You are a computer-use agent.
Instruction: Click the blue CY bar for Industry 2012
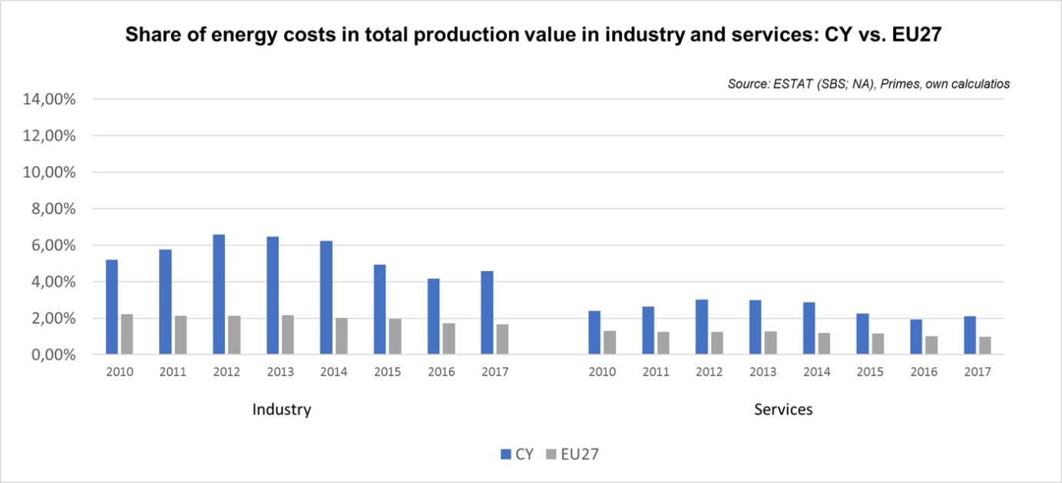(x=219, y=295)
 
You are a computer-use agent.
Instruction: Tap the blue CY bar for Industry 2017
(x=487, y=313)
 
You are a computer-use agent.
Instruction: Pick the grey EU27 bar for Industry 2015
(x=395, y=337)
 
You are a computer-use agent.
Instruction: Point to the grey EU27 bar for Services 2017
(x=985, y=346)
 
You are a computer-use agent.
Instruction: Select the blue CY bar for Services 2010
(x=594, y=332)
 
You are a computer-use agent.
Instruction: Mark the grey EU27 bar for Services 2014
(x=824, y=344)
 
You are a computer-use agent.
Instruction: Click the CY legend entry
(x=517, y=454)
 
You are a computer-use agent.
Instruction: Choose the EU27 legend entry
(x=573, y=454)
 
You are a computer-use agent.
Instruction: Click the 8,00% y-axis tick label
(x=51, y=209)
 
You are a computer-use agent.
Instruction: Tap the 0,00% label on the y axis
(x=51, y=355)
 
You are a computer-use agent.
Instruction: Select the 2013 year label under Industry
(x=280, y=372)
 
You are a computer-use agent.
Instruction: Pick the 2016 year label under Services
(x=924, y=372)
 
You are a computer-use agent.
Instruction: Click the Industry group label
(x=282, y=409)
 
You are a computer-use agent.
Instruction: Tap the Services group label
(x=783, y=409)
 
